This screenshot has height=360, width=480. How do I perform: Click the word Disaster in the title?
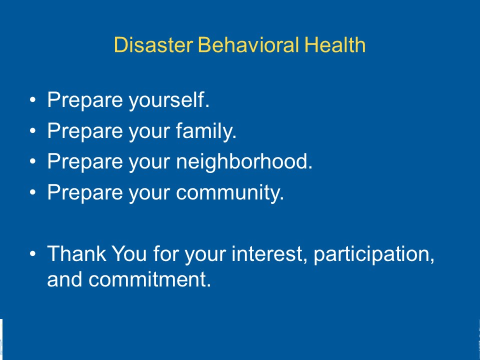(153, 44)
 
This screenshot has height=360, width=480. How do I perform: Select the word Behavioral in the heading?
(248, 44)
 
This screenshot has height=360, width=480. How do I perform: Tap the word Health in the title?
(335, 44)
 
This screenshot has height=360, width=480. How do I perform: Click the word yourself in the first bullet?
(169, 100)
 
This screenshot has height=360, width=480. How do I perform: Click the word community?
(230, 193)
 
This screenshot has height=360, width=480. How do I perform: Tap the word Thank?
(76, 253)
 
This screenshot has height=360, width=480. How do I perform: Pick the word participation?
(374, 254)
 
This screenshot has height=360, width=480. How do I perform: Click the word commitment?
(149, 279)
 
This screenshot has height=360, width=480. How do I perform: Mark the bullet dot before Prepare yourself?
(33, 100)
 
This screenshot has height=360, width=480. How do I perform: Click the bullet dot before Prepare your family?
(33, 130)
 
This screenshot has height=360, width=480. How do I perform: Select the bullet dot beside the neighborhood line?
(33, 161)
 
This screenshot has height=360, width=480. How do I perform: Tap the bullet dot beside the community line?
(33, 192)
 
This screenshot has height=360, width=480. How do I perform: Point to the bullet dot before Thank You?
(33, 253)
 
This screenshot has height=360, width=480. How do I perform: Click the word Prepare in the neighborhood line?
(85, 162)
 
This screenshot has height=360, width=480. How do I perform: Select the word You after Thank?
(129, 253)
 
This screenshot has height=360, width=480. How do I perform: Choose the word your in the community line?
(149, 194)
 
